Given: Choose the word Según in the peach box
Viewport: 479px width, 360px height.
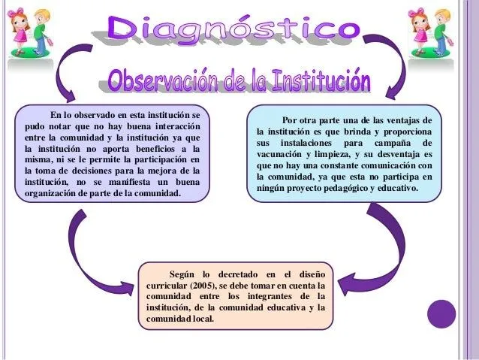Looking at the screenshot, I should click(185, 275).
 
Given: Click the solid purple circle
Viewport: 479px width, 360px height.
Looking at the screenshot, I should click(441, 313).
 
